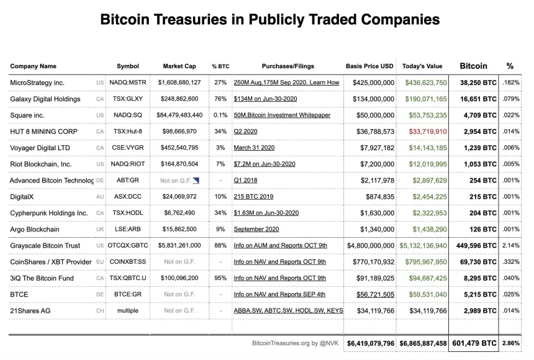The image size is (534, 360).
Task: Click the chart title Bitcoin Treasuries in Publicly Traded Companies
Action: [269, 20]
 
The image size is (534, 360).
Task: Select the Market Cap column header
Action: [179, 66]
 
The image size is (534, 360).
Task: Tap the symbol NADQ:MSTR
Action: [128, 83]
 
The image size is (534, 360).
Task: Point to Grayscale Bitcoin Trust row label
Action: [46, 246]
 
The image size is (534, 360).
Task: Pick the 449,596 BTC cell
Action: [474, 246]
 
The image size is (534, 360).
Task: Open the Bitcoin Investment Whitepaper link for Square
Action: [282, 115]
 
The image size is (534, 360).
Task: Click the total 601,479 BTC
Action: [473, 343]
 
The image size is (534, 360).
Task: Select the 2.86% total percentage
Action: [511, 343]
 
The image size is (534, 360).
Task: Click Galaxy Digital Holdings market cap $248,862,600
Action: [178, 99]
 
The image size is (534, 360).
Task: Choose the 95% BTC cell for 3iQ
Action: [220, 278]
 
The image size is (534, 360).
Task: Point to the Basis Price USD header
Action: [369, 66]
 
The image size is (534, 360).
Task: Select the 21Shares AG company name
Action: [30, 310]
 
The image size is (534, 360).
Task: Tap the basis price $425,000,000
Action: [373, 83]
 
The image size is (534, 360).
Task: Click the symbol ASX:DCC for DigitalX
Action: [128, 197]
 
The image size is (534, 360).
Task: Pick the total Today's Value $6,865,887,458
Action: [423, 343]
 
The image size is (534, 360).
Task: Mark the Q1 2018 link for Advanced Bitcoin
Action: [246, 181]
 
